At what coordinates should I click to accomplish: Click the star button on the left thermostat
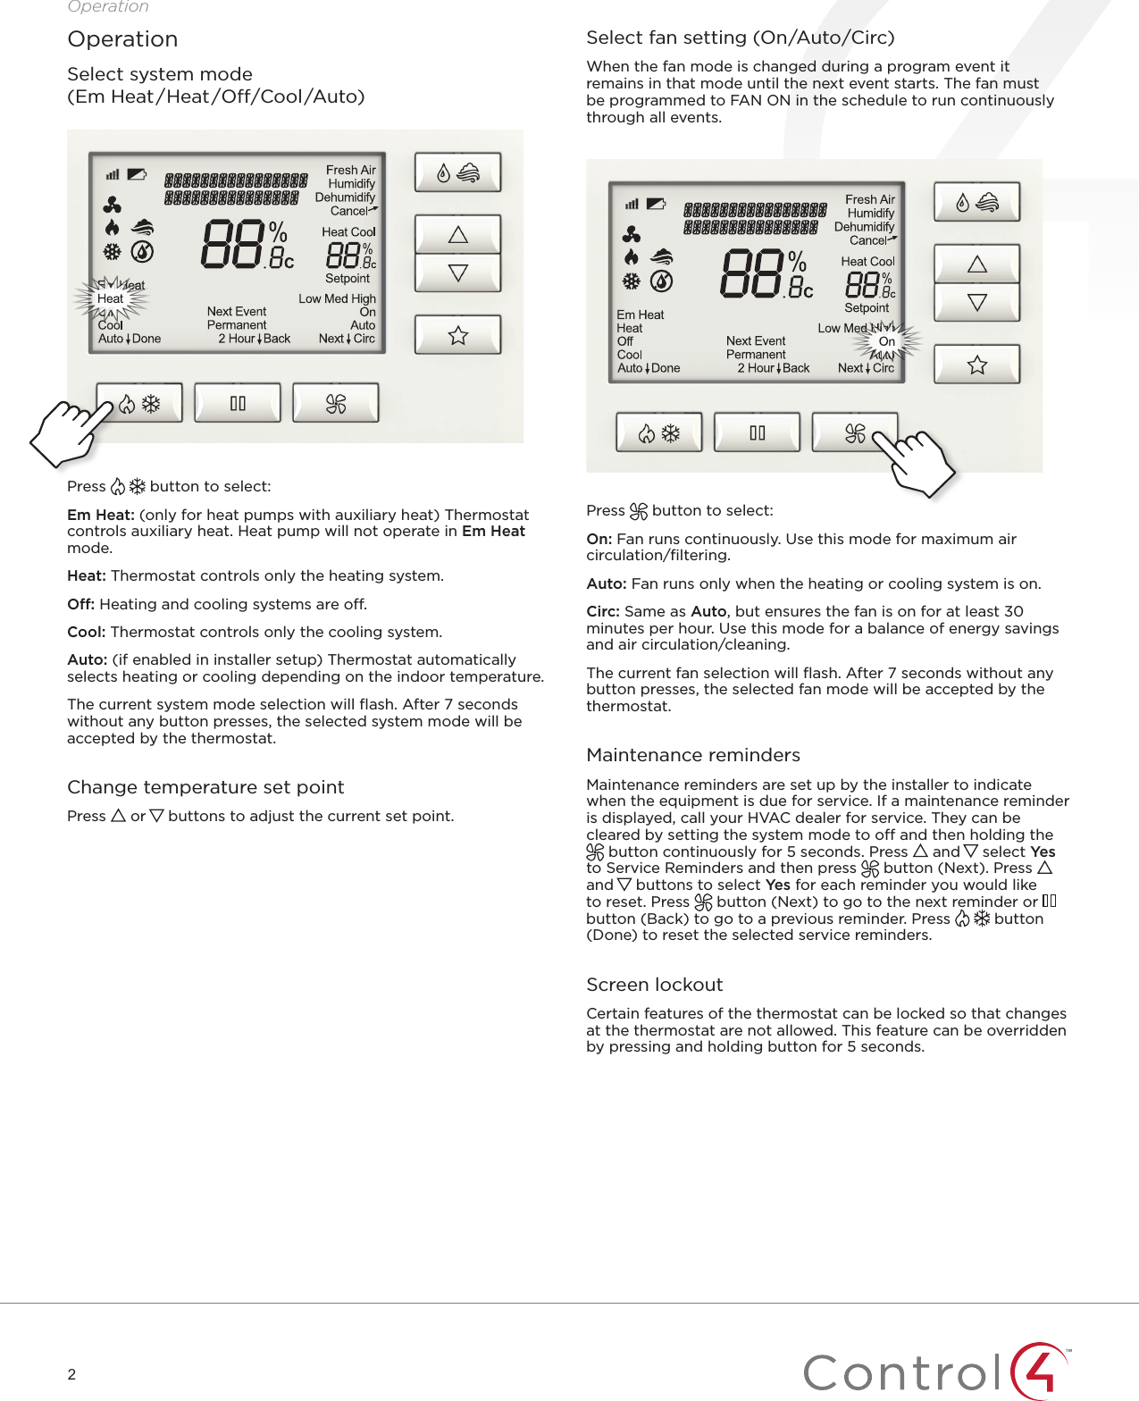457,335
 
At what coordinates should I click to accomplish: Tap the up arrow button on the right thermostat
976,264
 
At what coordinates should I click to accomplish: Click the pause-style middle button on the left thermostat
238,403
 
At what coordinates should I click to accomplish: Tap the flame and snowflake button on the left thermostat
139,404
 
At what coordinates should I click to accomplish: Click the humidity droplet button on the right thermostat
976,203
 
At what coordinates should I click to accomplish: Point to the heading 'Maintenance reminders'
692,755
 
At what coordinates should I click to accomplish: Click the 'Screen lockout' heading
654,985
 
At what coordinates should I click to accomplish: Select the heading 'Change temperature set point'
205,787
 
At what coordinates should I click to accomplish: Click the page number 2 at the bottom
71,1374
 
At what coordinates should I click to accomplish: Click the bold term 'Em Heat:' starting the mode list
101,515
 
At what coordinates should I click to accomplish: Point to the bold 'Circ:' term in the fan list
603,611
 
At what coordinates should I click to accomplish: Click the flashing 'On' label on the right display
886,341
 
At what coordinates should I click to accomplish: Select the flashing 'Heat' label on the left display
111,298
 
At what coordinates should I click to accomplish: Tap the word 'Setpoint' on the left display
347,279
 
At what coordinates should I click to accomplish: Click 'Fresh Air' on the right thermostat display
869,199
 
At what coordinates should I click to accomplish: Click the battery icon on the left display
137,174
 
